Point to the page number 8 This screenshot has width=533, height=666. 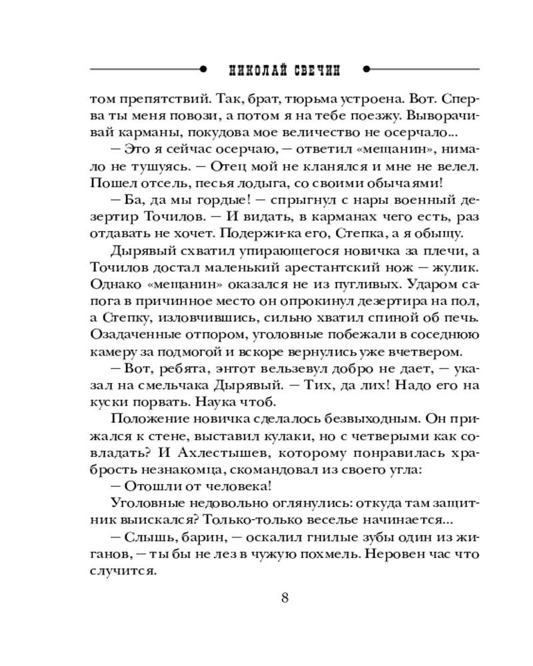pos(285,597)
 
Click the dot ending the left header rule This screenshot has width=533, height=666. pos(201,69)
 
